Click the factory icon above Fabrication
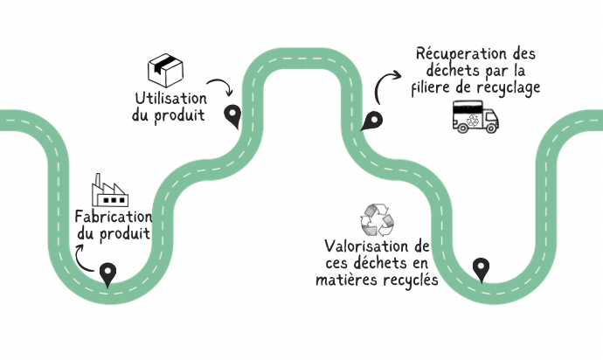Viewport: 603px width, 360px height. (x=110, y=190)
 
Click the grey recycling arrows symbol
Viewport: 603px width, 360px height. (x=378, y=219)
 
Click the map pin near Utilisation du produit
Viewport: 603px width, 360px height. (x=232, y=114)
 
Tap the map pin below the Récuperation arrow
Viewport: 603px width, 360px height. (x=372, y=122)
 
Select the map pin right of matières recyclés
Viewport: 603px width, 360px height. (x=480, y=269)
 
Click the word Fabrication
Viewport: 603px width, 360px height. (x=113, y=217)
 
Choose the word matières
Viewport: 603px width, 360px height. (x=345, y=280)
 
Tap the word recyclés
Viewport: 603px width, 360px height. (x=407, y=280)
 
